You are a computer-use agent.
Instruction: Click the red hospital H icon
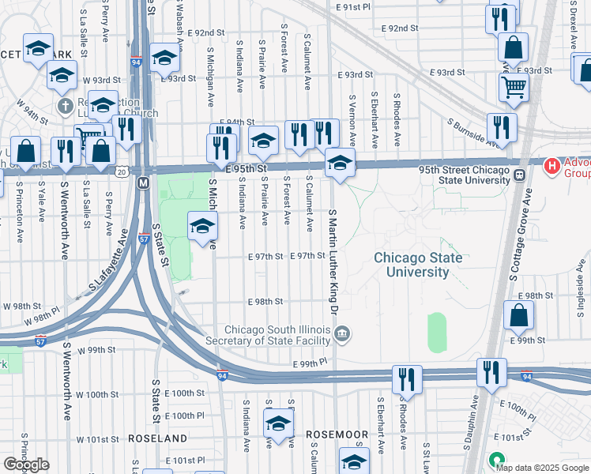[x=552, y=166]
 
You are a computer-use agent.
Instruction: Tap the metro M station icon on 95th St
[x=143, y=183]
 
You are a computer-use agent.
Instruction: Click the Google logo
[x=26, y=465]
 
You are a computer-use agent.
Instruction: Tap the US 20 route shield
[x=121, y=171]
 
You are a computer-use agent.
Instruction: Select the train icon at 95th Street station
[x=520, y=175]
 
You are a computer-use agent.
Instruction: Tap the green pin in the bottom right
[x=496, y=459]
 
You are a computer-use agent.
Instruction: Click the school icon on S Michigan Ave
[x=202, y=226]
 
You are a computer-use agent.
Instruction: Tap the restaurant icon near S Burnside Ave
[x=502, y=126]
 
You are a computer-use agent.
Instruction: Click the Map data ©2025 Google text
[x=542, y=467]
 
